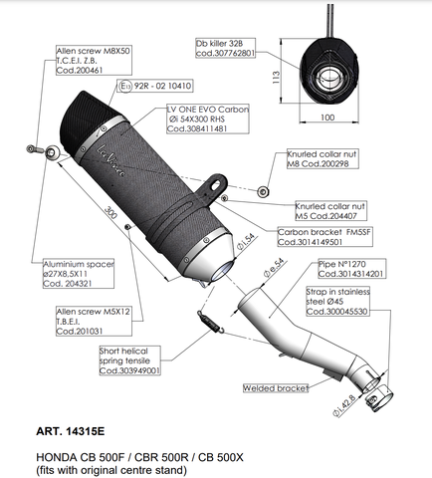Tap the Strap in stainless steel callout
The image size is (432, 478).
pyautogui.click(x=352, y=299)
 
